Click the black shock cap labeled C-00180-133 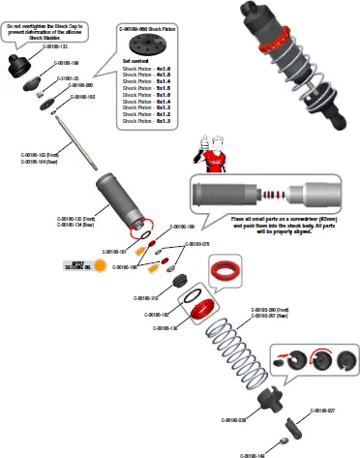[18, 63]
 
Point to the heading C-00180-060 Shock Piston [150, 30]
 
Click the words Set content [135, 61]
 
